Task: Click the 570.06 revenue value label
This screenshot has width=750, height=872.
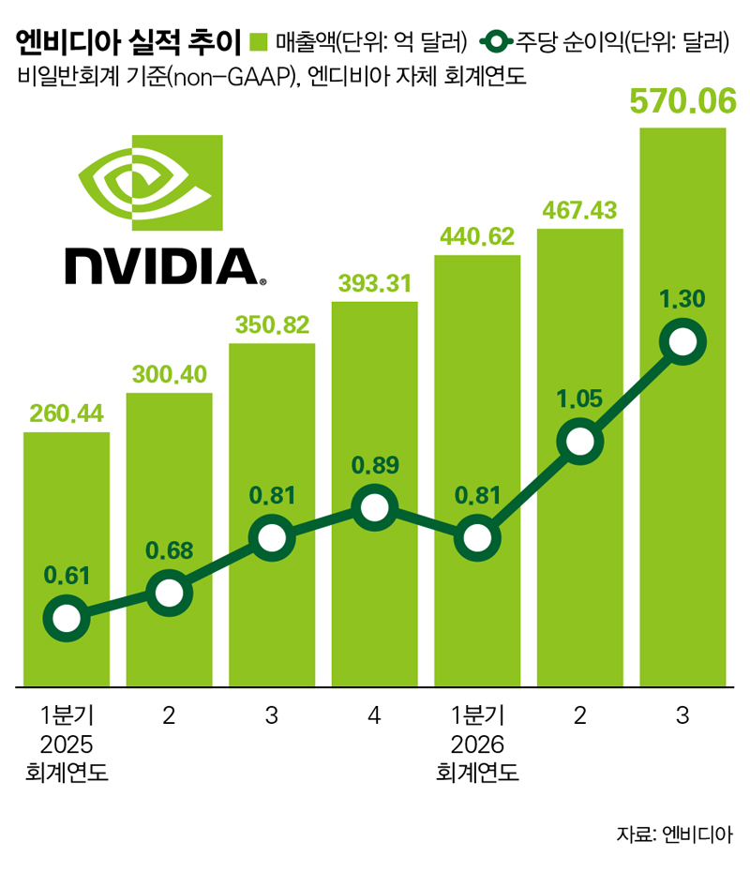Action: (x=682, y=102)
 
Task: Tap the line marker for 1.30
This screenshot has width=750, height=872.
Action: (x=682, y=343)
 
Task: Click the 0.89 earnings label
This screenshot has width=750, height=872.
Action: (x=374, y=465)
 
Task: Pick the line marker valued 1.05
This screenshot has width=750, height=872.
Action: (x=579, y=440)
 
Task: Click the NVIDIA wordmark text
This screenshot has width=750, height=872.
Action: (x=161, y=266)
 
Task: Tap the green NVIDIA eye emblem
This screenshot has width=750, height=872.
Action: (x=150, y=183)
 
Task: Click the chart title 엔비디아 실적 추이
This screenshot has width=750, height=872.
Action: (x=127, y=42)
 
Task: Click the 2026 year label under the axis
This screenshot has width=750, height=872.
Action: (x=477, y=745)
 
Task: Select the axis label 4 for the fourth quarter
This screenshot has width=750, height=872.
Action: (x=374, y=717)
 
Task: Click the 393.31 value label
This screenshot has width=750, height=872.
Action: (x=374, y=283)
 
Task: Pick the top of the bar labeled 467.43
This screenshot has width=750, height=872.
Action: (x=579, y=231)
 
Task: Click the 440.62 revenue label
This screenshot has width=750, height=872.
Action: (x=477, y=235)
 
